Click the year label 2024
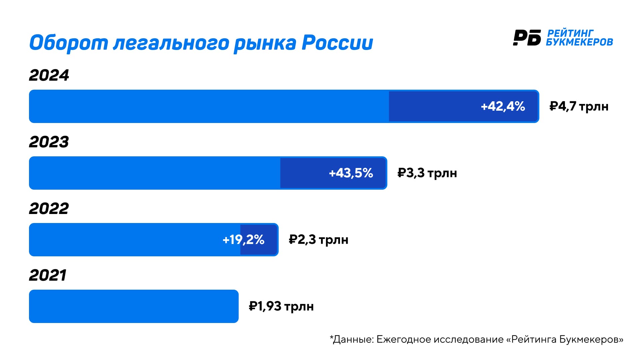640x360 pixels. click(49, 75)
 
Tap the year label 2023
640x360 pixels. click(49, 142)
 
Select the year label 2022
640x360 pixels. click(49, 209)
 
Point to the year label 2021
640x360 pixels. click(48, 275)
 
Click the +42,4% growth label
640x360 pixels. click(503, 106)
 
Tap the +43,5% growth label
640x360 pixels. click(351, 173)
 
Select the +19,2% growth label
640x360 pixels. click(243, 240)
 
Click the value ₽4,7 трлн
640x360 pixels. click(579, 106)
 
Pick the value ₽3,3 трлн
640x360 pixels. click(427, 173)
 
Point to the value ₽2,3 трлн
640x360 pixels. click(318, 240)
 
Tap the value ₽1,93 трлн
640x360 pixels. click(281, 306)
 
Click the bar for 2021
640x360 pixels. click(133, 306)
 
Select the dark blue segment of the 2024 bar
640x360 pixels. click(433, 106)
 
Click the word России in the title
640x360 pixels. click(337, 43)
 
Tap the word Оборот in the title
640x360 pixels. click(69, 43)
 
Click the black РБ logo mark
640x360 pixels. click(527, 37)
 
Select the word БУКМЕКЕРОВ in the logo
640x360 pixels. click(579, 42)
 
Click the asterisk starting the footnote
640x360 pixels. click(331, 337)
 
